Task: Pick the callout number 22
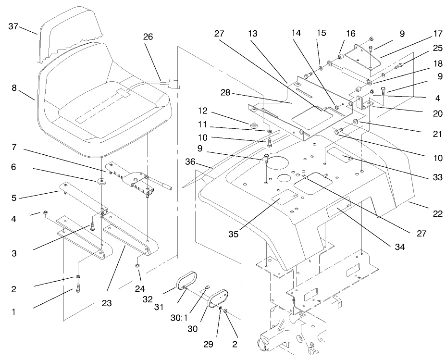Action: [437, 214]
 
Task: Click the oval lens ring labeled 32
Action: [185, 280]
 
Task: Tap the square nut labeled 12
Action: [252, 126]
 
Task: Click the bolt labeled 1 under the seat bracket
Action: [77, 289]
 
